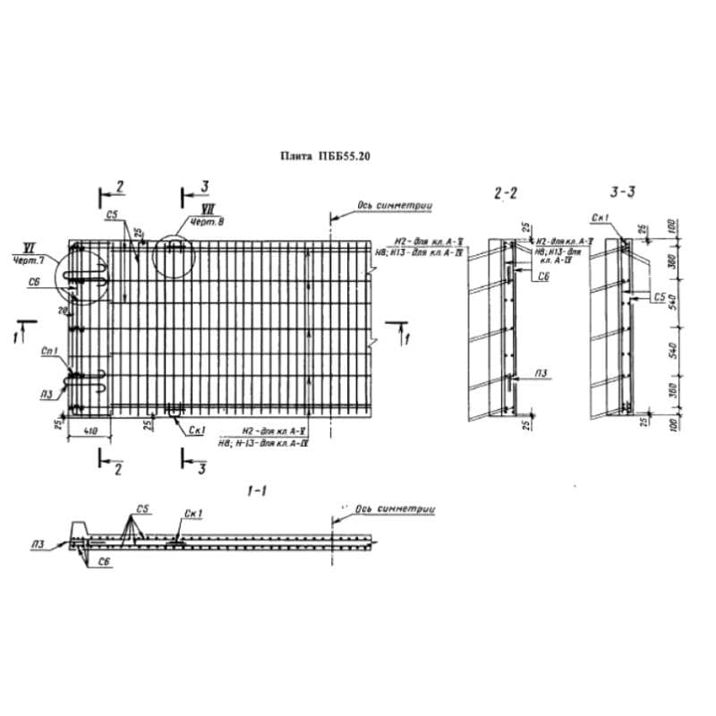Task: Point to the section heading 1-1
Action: [257, 490]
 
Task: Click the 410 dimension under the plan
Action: [89, 432]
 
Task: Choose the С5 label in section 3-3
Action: [660, 294]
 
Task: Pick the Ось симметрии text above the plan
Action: [396, 206]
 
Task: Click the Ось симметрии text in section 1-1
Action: [395, 508]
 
